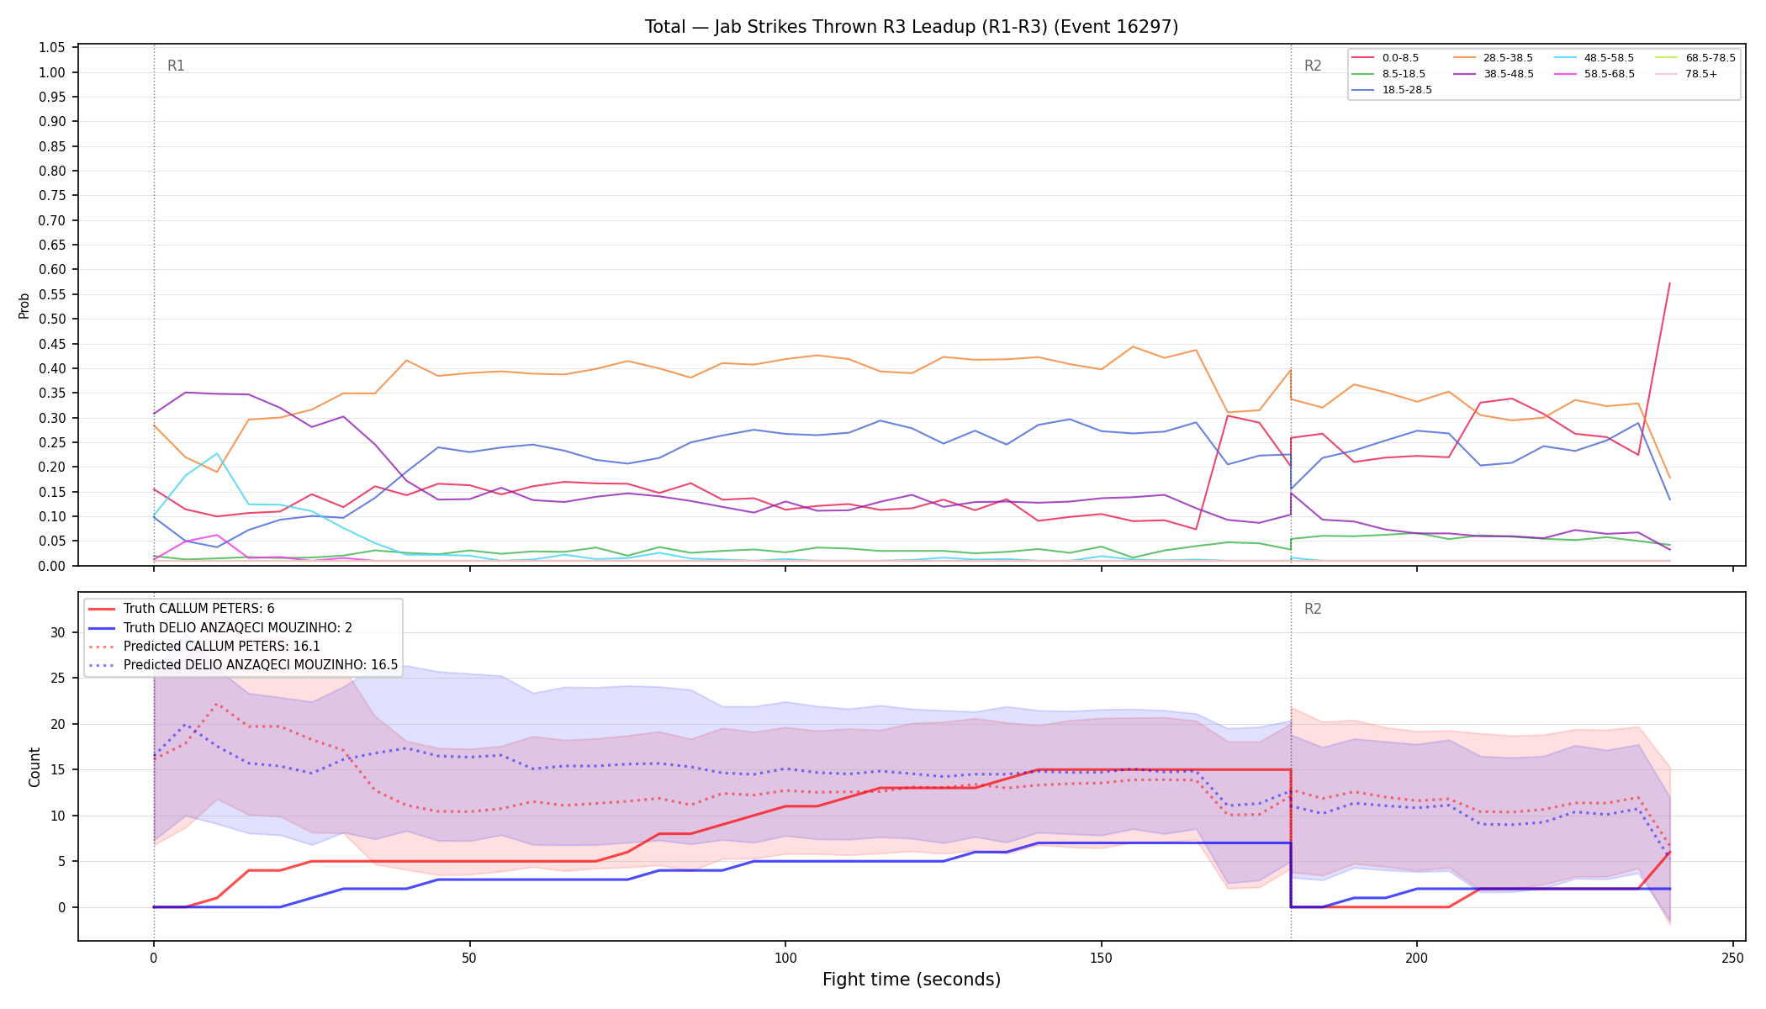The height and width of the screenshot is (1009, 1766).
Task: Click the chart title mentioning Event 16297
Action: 912,27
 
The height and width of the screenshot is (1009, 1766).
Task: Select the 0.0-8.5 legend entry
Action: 1385,58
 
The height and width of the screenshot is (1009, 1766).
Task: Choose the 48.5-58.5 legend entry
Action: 1594,58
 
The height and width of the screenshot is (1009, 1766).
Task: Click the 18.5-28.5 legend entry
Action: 1392,90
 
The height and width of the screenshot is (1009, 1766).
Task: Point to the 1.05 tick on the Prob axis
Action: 52,48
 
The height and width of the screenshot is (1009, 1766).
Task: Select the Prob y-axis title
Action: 24,305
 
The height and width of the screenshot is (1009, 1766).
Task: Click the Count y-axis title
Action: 34,767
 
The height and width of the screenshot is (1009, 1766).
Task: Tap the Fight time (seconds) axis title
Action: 912,980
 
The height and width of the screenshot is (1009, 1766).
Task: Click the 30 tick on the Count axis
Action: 58,632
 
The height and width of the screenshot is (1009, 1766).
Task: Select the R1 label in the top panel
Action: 176,66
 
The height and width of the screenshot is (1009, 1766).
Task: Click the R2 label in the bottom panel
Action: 1313,609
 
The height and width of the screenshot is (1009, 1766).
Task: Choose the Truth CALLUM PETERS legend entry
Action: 182,609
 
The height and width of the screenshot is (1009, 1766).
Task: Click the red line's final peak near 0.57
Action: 1669,283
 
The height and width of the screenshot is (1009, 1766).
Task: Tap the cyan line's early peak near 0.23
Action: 217,454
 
